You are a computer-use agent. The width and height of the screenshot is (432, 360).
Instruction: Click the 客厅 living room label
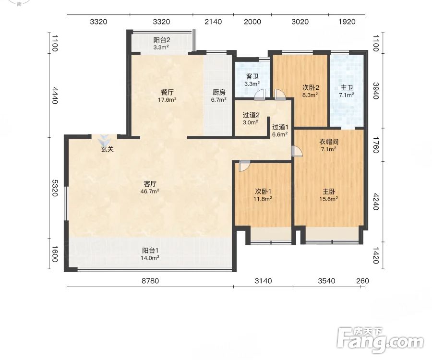(150, 184)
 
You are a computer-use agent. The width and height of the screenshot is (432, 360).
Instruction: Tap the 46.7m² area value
(150, 191)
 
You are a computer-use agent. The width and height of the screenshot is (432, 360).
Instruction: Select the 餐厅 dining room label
(167, 92)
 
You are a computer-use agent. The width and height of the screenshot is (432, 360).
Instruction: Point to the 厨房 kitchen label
(219, 92)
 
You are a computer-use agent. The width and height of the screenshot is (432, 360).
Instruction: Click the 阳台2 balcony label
(161, 40)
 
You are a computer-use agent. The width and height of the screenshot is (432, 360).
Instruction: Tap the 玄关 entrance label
(107, 149)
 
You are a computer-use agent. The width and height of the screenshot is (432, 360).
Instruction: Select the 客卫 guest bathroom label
(252, 77)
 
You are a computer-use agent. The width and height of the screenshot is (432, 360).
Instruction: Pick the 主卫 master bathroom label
(347, 88)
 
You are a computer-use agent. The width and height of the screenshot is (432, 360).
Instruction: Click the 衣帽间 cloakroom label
(329, 142)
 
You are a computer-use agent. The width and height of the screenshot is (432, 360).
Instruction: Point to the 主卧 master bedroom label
(329, 192)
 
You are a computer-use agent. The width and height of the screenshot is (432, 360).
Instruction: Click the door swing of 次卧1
(245, 166)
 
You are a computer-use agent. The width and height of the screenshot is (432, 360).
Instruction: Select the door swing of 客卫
(260, 95)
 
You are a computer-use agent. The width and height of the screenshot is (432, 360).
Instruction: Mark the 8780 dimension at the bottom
(150, 281)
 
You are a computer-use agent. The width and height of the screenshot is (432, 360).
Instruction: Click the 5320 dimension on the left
(55, 188)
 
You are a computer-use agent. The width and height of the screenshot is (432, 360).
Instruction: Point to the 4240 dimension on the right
(376, 202)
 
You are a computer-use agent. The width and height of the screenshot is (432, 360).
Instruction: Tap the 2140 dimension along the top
(213, 22)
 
